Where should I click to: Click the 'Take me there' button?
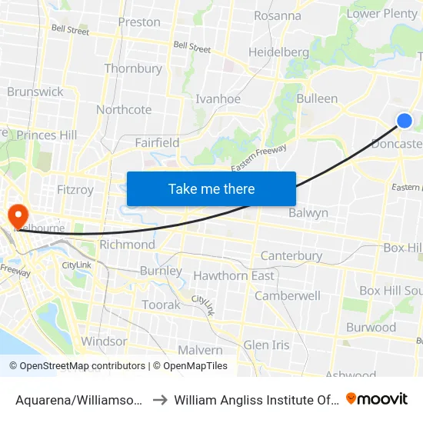[211, 188]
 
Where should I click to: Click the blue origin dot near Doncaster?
[404, 120]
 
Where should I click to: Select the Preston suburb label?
[139, 22]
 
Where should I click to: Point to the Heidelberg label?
[278, 52]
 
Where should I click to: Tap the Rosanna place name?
[277, 15]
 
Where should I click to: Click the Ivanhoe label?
[218, 98]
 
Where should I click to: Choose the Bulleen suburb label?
[317, 98]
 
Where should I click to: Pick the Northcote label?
[124, 109]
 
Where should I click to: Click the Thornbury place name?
[133, 68]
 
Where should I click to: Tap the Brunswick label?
[35, 92]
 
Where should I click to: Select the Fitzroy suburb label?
[75, 189]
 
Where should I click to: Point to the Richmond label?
[127, 245]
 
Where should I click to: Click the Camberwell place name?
[287, 295]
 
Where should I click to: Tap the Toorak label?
[161, 305]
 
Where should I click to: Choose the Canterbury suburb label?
[291, 255]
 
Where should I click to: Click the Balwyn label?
[308, 213]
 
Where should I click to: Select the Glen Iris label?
[267, 345]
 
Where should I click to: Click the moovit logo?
[377, 398]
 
